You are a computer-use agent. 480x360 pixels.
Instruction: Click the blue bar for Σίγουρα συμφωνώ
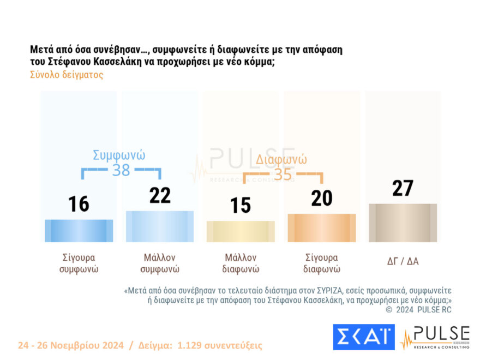pos(79,231)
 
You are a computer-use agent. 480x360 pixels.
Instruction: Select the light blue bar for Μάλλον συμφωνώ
pos(160,226)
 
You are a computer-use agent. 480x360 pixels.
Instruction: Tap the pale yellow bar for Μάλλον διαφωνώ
pos(241,231)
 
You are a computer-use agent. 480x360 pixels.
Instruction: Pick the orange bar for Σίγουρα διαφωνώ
pos(322,228)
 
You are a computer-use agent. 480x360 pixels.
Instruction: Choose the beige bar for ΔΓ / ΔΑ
pos(403,223)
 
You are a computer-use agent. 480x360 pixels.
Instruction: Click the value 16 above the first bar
pos(79,204)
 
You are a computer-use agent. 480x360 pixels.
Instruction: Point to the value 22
pos(160,195)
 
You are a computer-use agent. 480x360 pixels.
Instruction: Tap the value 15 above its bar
pos(240,205)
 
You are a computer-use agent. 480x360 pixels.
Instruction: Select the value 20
pos(322,199)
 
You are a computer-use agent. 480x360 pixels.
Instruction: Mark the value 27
pos(403,188)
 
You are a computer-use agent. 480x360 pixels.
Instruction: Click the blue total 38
pos(121,170)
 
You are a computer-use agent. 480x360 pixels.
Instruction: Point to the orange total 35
pos(283,175)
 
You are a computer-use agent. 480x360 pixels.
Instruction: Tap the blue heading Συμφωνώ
pos(119,154)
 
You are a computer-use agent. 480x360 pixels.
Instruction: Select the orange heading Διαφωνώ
pos(281,160)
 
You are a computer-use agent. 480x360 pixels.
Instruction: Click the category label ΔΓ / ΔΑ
pos(403,261)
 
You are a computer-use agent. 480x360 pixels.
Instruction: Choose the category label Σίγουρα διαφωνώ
pos(322,263)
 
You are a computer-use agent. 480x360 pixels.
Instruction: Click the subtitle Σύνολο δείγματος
pos(67,75)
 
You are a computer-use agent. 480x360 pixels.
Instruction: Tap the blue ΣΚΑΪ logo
pos(363,337)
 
